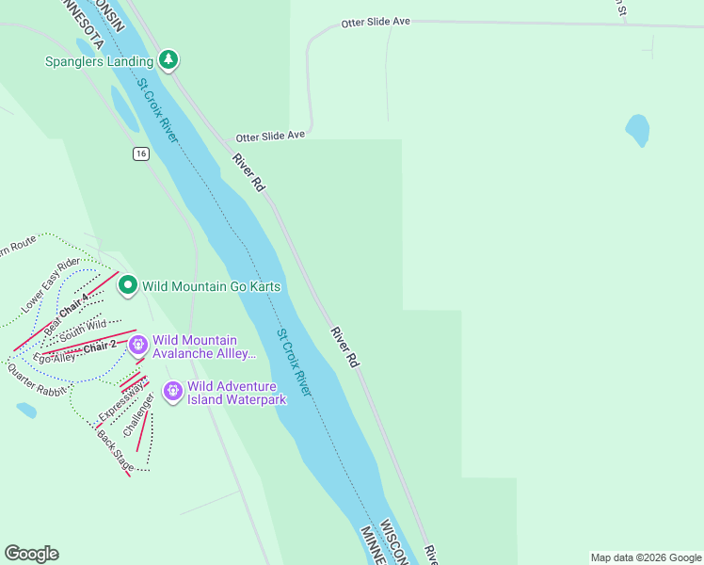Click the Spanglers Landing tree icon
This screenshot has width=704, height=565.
pos(168,60)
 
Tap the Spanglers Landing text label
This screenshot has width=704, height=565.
pos(99,62)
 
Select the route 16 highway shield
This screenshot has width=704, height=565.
pos(140,153)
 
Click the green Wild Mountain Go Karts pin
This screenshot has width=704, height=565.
pos(128,285)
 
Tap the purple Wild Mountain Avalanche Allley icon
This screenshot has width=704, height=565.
pos(139,346)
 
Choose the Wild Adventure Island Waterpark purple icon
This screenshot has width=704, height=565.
pos(173,391)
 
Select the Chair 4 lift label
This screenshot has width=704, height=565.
pos(74,307)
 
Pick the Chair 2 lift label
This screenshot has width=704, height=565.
pos(100,347)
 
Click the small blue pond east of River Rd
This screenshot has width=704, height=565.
pos(637,130)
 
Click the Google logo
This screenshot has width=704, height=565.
pos(31,554)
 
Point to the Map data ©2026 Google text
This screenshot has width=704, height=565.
pos(645,557)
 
